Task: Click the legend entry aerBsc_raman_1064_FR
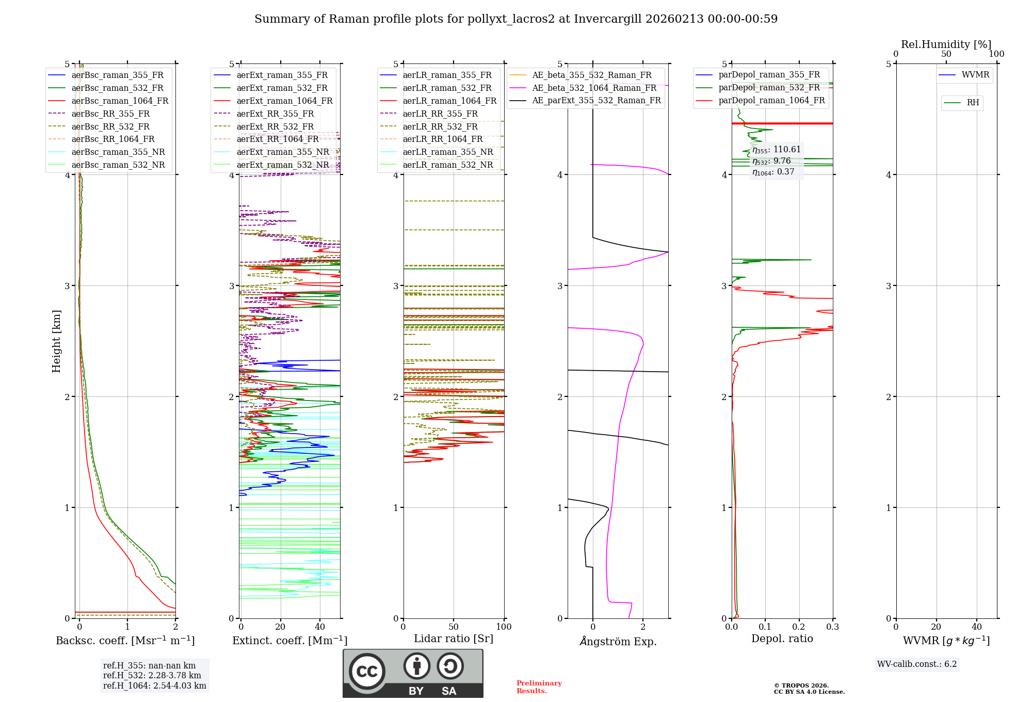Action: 120,101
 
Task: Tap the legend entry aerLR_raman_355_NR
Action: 447,152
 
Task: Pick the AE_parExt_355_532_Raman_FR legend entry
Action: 596,101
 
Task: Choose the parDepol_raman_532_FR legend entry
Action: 769,88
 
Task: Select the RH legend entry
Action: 973,103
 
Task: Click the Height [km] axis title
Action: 56,341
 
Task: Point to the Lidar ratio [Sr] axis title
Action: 454,639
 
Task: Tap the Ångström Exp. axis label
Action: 618,642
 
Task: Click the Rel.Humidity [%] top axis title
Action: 946,44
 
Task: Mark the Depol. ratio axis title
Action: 782,639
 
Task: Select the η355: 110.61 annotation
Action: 777,150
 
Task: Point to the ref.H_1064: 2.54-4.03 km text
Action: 154,686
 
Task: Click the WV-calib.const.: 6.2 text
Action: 917,664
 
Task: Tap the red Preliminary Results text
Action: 539,687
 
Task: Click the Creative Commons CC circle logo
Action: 367,672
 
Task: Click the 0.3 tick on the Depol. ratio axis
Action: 832,627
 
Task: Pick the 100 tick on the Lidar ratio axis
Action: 504,627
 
